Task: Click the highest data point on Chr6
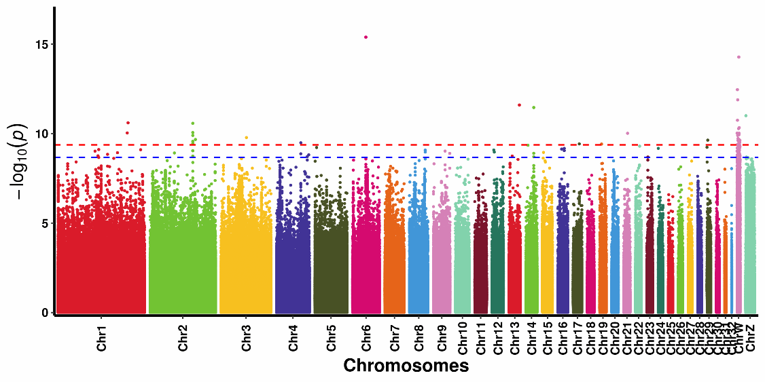366,37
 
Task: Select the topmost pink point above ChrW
739,57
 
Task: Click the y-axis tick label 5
45,223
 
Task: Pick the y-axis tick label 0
45,313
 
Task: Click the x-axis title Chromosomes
406,366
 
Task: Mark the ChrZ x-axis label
751,337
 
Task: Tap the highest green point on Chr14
533,107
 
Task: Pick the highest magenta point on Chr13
519,105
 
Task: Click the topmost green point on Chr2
193,123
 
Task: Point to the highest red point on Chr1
128,123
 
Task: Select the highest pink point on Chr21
627,134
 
